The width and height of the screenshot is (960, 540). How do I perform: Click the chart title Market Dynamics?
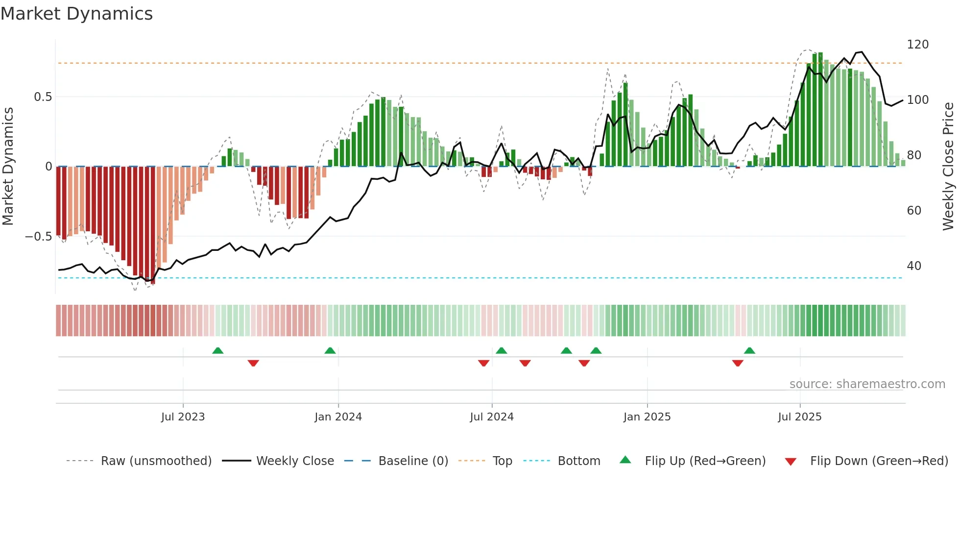pos(76,14)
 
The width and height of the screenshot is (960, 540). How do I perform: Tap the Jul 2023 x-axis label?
pos(183,417)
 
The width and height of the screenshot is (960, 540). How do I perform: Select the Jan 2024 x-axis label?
pos(338,417)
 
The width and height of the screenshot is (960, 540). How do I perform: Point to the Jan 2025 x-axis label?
pos(647,417)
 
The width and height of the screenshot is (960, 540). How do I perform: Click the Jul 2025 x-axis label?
pos(799,417)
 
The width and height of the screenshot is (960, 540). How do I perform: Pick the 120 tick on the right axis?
pos(917,45)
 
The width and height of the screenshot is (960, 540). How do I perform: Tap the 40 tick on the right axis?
pos(914,266)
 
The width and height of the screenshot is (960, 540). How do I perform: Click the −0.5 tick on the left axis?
pos(38,237)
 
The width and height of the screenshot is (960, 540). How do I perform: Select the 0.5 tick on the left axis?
pos(43,97)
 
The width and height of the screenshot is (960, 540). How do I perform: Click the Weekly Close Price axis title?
pos(948,167)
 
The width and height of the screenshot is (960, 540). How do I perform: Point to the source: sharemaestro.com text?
pos(867,384)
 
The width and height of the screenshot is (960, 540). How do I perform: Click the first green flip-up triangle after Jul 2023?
pos(218,350)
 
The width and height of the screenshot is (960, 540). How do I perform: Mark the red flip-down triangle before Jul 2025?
pos(738,363)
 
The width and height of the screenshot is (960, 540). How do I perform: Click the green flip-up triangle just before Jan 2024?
pos(330,350)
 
